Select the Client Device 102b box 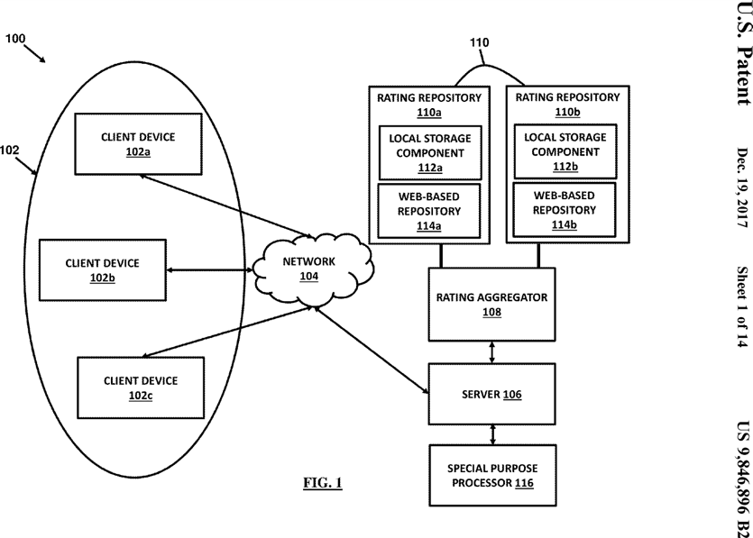click(102, 269)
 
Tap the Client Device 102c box click(140, 388)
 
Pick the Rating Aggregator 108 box click(491, 304)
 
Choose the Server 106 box click(491, 394)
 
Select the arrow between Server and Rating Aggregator click(491, 351)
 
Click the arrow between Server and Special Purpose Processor click(491, 434)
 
